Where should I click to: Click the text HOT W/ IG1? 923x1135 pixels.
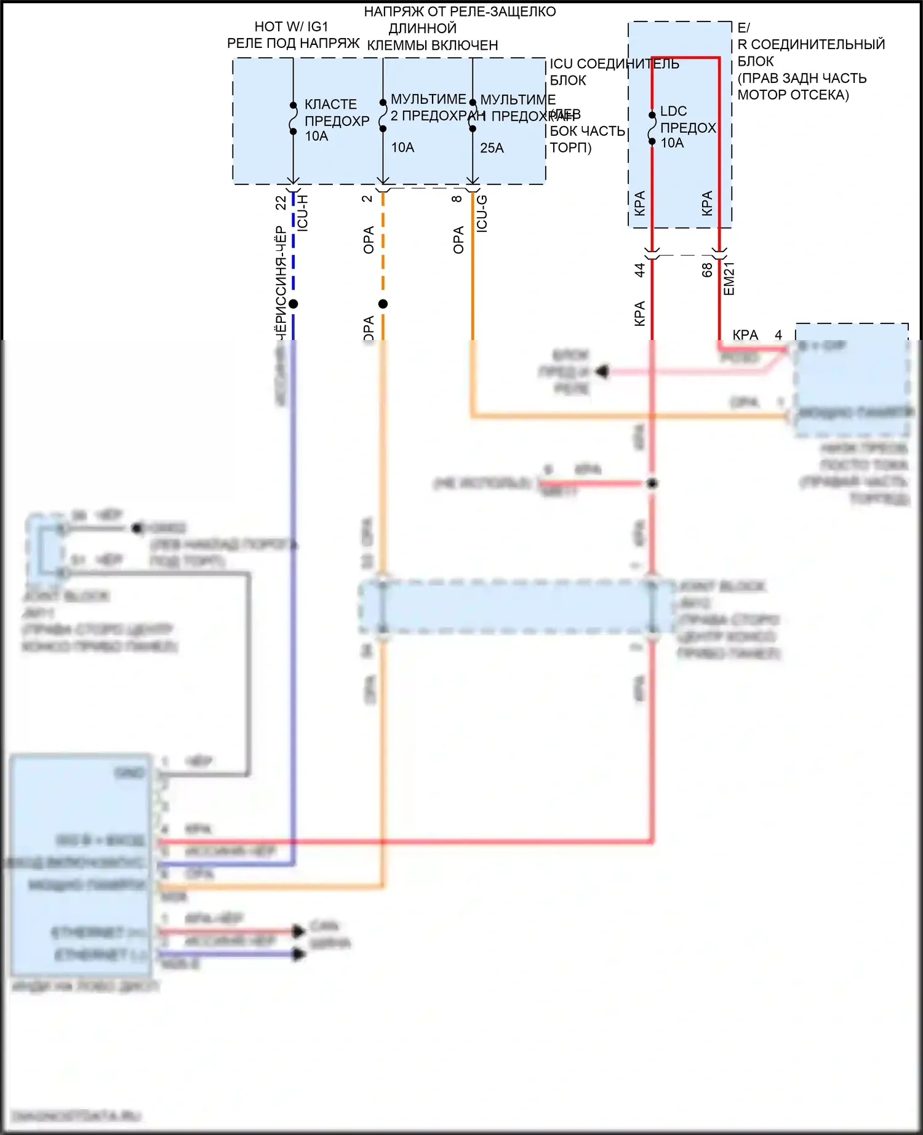click(291, 26)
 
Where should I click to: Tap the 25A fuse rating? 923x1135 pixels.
click(492, 148)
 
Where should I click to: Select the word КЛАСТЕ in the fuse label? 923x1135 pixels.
click(330, 105)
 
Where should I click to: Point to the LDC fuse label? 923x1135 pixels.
click(673, 111)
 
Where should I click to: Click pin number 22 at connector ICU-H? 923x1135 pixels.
click(281, 202)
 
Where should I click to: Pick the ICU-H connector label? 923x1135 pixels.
click(302, 213)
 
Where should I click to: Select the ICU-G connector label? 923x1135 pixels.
click(482, 213)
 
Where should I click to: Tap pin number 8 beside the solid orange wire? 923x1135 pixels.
click(457, 199)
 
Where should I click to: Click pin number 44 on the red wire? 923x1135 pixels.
click(639, 270)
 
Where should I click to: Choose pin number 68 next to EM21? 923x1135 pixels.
click(707, 270)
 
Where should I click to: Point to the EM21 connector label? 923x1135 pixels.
click(729, 279)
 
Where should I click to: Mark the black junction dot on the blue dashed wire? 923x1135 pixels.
click(294, 304)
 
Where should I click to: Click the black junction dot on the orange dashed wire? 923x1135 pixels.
click(383, 304)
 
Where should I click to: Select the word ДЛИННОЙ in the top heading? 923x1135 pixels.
click(422, 28)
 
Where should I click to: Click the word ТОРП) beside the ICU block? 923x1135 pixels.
click(570, 148)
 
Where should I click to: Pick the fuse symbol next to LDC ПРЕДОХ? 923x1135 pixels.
click(652, 129)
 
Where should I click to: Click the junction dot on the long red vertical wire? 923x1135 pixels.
click(653, 483)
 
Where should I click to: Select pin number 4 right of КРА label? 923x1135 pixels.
click(778, 335)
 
